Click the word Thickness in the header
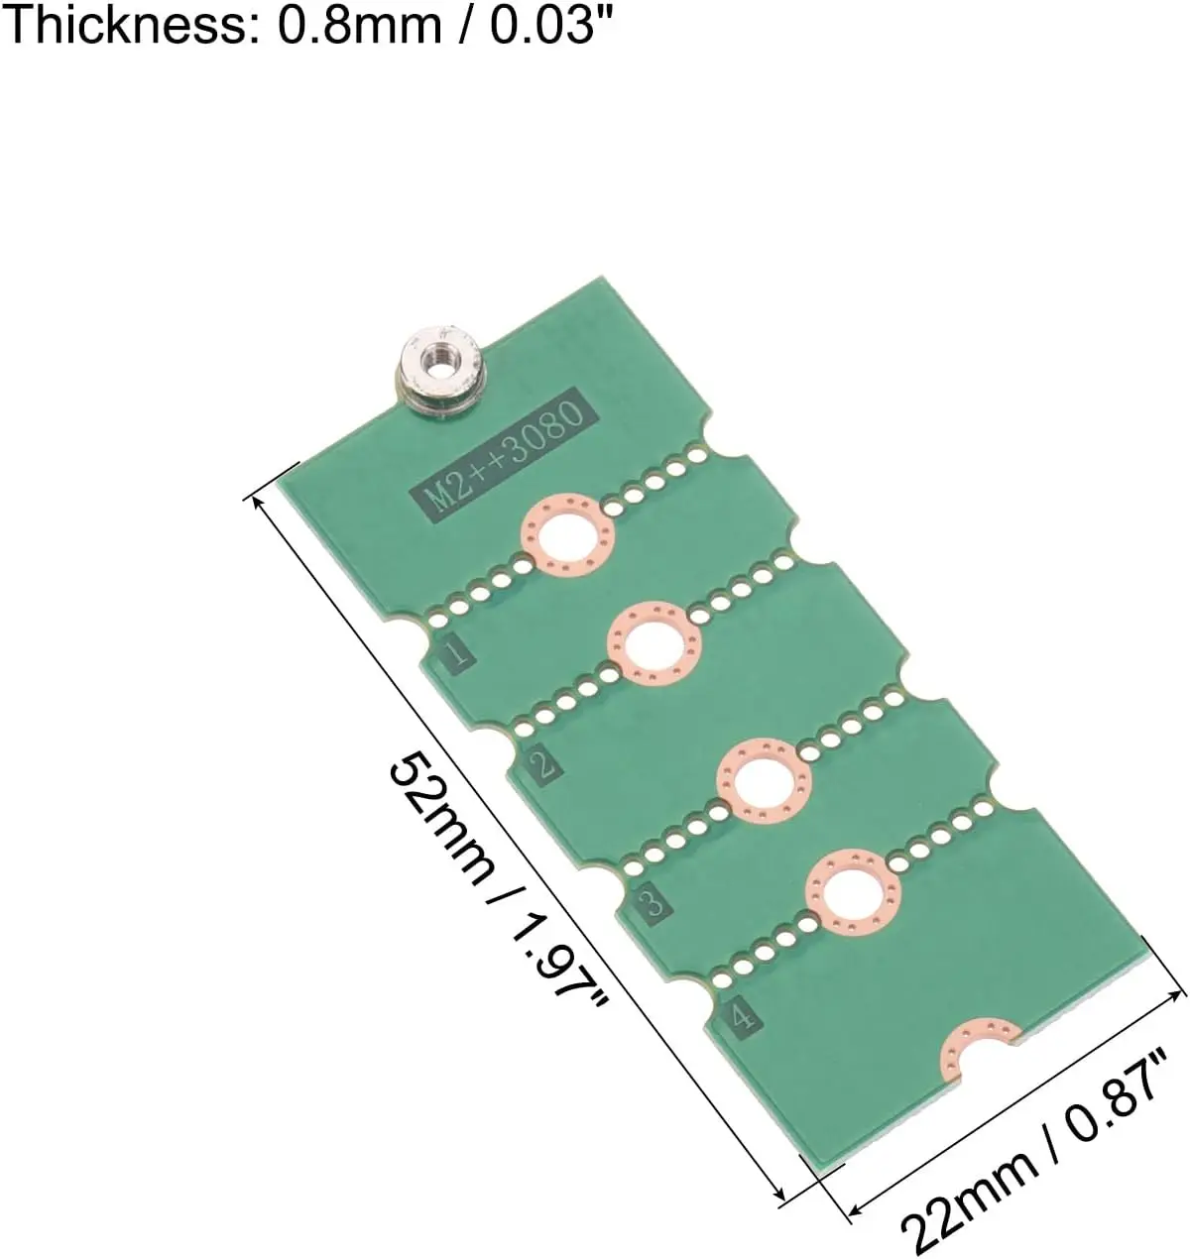(130, 26)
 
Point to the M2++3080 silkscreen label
(507, 456)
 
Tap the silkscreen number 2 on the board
(543, 764)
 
